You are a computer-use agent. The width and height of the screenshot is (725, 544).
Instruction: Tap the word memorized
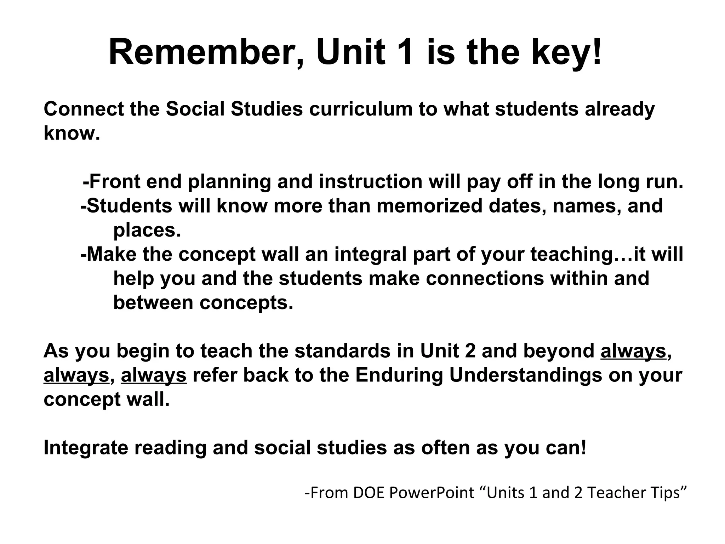429,206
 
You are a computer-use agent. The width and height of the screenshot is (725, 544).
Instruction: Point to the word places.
147,230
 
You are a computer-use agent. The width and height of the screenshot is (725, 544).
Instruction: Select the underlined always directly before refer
154,375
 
